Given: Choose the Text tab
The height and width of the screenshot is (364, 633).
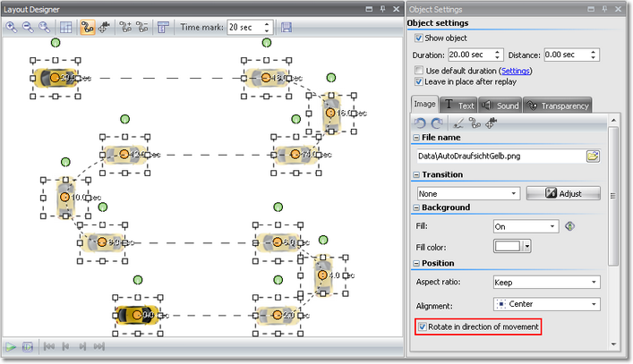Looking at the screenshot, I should click(x=460, y=106).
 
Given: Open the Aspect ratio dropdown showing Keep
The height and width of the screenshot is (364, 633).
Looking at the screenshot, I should click(x=545, y=283).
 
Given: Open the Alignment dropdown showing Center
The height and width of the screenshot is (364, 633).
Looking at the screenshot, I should click(x=545, y=304).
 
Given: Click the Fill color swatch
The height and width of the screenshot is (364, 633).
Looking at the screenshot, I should click(x=508, y=246).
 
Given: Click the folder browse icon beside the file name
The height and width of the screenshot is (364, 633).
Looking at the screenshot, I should click(x=593, y=157).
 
